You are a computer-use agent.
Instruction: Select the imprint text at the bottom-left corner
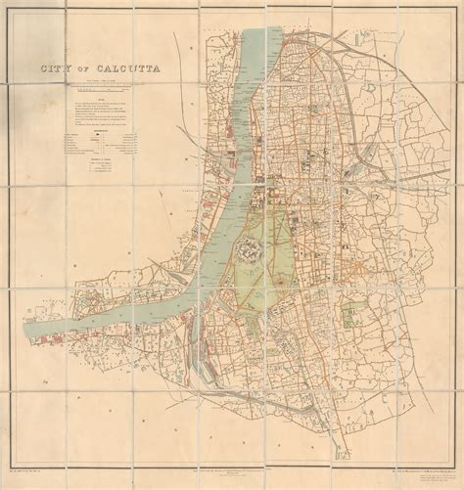pyautogui.click(x=49, y=460)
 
